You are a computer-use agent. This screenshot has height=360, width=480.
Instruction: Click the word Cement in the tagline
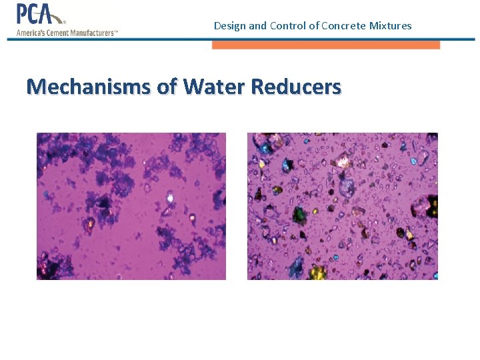58,32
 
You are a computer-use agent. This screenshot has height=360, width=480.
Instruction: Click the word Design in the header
229,26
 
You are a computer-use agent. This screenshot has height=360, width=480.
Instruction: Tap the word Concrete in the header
342,26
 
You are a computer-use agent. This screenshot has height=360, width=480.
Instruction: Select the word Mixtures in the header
389,26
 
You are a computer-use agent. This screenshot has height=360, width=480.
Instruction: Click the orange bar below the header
326,45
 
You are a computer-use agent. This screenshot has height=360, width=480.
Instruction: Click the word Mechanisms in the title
88,87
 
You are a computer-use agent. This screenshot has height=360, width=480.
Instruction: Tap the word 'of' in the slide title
167,87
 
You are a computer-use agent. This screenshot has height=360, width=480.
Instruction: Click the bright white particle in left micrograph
170,197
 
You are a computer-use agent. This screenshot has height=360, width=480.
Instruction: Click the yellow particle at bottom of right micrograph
317,271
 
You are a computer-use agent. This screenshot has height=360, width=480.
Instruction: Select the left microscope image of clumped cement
131,206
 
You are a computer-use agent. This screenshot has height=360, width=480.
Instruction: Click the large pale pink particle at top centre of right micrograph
345,160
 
